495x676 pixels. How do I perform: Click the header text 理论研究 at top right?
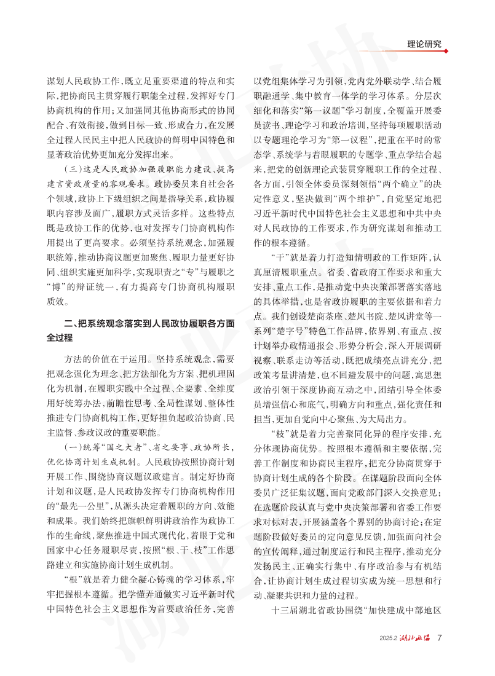click(428, 44)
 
